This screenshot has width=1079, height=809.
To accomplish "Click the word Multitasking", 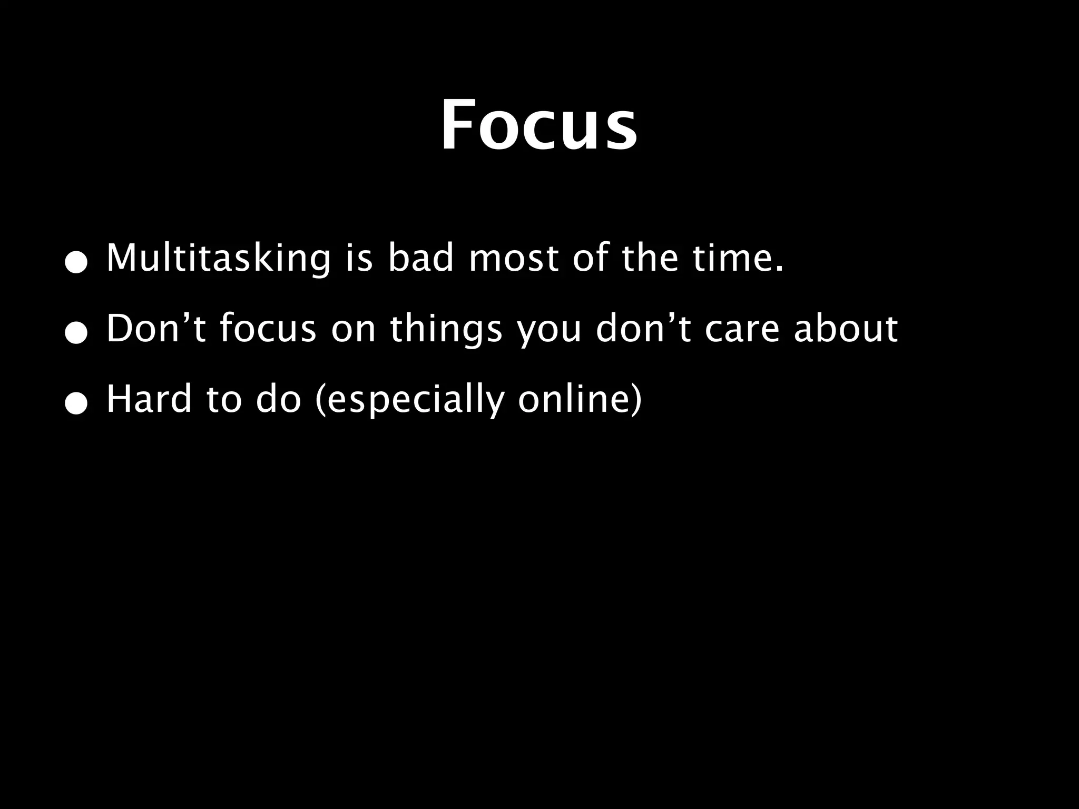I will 218,259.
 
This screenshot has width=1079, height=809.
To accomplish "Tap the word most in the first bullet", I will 513,259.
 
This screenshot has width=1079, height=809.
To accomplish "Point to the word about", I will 846,328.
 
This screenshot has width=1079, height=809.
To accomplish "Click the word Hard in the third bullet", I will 149,399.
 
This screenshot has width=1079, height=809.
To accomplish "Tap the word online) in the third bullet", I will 580,399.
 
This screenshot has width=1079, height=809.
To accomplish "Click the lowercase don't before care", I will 643,328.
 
